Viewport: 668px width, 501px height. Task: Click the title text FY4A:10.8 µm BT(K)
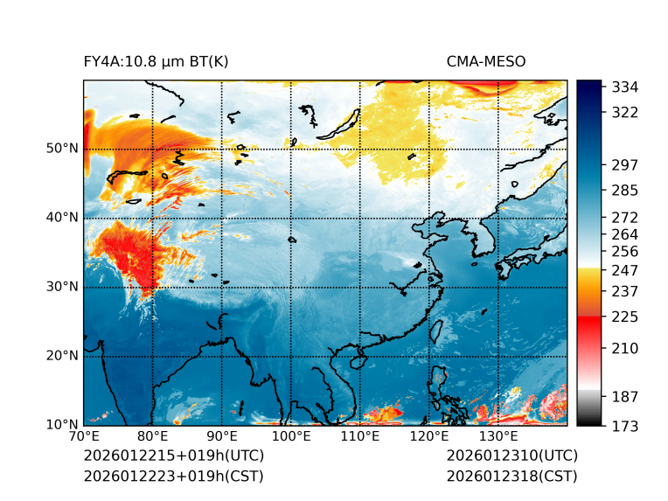click(156, 61)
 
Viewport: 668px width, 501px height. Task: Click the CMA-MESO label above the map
click(486, 61)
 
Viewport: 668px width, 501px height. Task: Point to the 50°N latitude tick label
click(61, 149)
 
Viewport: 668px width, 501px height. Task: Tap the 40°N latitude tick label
click(61, 218)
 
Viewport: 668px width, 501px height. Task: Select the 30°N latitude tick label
click(61, 287)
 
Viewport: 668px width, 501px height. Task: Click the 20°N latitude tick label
click(61, 356)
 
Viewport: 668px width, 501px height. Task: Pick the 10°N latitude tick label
click(61, 425)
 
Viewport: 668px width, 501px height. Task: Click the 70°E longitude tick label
click(84, 437)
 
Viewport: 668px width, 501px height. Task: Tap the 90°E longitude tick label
click(222, 437)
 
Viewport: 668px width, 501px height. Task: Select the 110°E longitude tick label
click(360, 437)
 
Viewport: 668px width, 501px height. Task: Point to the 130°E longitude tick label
click(498, 437)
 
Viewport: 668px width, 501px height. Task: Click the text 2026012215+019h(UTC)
click(173, 456)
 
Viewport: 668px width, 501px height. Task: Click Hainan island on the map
click(358, 360)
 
